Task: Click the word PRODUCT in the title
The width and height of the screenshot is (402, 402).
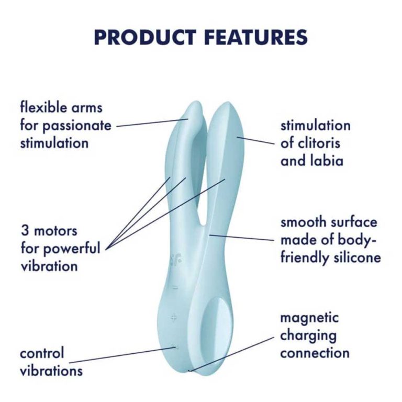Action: [145, 38]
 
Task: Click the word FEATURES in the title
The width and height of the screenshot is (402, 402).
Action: [256, 38]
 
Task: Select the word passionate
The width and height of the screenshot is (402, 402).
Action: [76, 126]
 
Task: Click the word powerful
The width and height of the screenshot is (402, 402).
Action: [72, 249]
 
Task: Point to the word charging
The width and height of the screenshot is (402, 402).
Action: [308, 336]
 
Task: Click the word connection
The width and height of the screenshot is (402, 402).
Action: [315, 353]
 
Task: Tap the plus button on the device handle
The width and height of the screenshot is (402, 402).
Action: [174, 318]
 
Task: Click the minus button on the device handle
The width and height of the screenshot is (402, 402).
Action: [175, 288]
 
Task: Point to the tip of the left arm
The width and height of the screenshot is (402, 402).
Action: [196, 102]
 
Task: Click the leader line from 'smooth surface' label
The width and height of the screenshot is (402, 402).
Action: [241, 238]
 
